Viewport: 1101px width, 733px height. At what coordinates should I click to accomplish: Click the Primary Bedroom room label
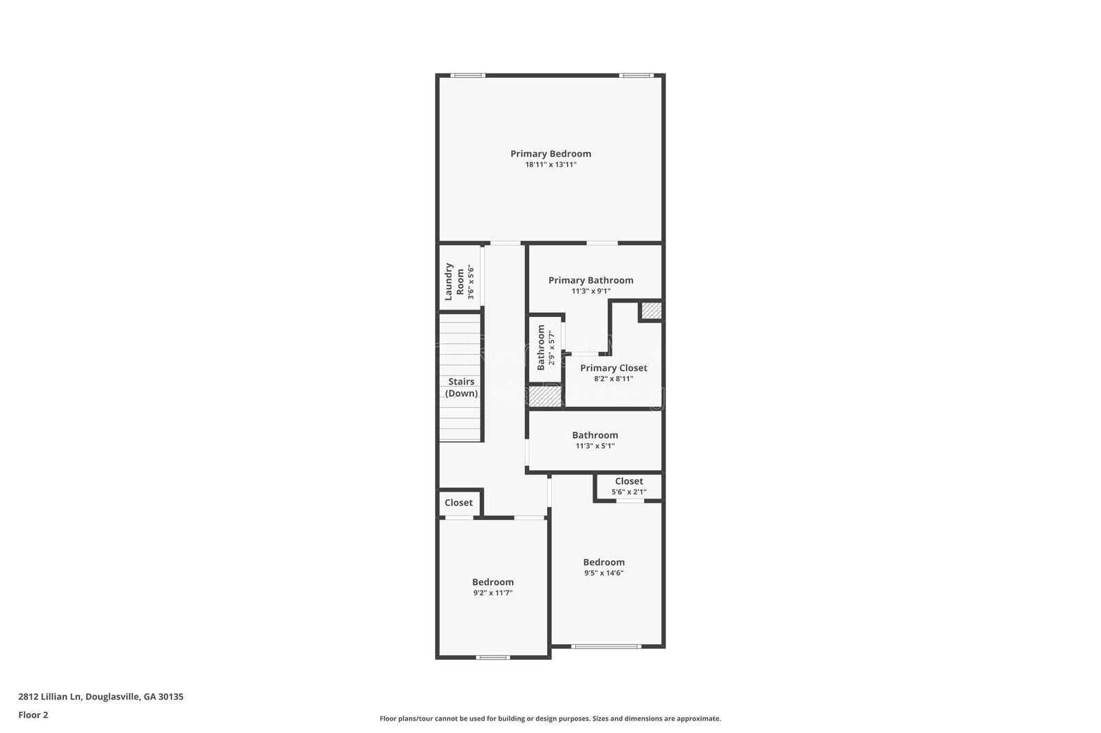[550, 154]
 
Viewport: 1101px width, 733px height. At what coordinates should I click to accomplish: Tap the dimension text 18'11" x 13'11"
[550, 164]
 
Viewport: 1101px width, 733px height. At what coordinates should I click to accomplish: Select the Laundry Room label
[454, 281]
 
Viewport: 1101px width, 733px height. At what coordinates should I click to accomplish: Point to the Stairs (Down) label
[461, 387]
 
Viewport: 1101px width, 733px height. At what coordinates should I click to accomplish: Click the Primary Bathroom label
[591, 280]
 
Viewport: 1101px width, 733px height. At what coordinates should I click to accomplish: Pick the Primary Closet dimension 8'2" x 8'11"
[613, 379]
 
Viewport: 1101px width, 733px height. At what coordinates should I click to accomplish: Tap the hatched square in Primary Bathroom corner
[651, 311]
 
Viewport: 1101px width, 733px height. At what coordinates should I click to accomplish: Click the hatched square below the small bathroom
[545, 397]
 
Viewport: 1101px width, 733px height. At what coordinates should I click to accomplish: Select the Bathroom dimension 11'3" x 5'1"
[595, 446]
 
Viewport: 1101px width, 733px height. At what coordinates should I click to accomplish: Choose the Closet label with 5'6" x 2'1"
[629, 481]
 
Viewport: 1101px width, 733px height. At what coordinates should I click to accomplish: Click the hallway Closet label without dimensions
[458, 503]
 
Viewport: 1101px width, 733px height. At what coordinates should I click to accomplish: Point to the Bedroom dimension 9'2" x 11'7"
[493, 593]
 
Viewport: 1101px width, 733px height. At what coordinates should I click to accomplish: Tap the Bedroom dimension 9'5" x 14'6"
[603, 573]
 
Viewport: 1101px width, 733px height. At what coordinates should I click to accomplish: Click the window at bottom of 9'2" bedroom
[493, 657]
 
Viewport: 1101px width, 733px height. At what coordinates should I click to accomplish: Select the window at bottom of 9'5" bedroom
[606, 646]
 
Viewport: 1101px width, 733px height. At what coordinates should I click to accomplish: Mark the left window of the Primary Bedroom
[468, 75]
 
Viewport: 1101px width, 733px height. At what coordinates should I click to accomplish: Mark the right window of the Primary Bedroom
[636, 75]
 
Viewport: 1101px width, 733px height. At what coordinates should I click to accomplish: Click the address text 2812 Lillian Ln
[50, 697]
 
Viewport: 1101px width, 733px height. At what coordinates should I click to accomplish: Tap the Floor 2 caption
[34, 715]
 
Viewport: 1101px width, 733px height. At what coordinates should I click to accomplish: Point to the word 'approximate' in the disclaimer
[699, 719]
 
